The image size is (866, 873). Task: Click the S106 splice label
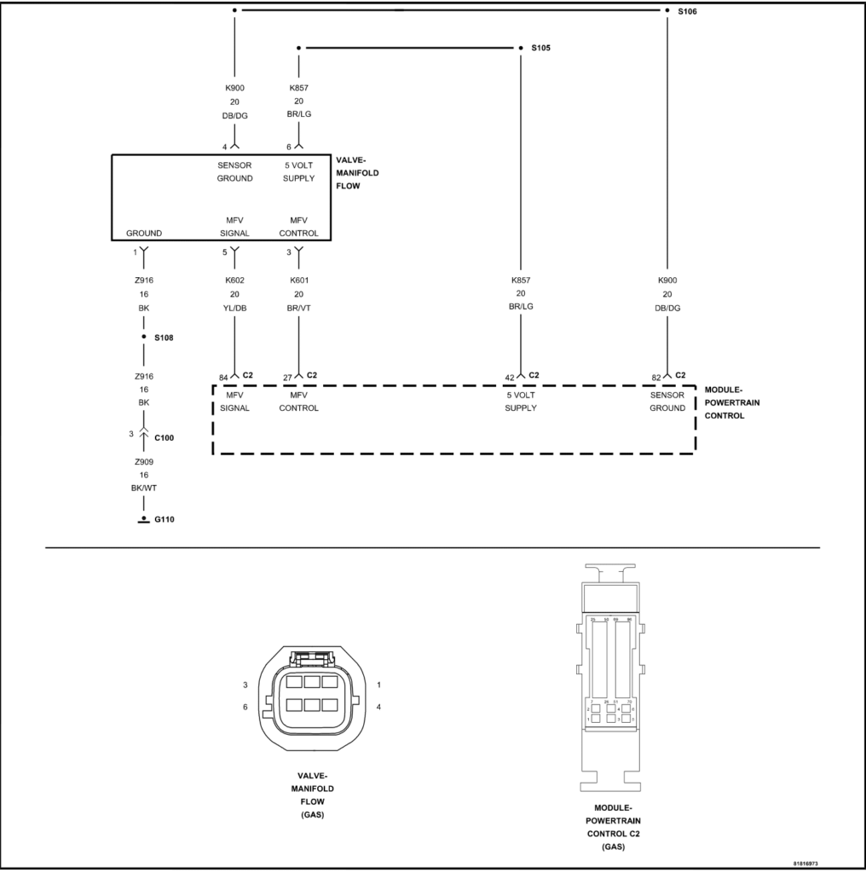[687, 11]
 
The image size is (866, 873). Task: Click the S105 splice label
[540, 49]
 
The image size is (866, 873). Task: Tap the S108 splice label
[164, 338]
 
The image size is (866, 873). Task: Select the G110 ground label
[164, 518]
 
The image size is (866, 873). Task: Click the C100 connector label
[165, 437]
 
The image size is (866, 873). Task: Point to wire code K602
[234, 280]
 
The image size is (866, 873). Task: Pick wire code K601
[298, 280]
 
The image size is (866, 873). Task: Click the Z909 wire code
[143, 461]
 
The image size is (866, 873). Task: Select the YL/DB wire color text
[234, 309]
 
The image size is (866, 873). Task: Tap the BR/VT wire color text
[298, 309]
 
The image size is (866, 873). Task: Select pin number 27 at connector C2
[287, 377]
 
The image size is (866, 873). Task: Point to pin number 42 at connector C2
[509, 377]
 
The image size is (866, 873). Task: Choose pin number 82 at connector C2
[657, 377]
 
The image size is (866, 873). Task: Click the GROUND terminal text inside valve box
[143, 233]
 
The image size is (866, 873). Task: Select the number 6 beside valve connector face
[245, 707]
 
